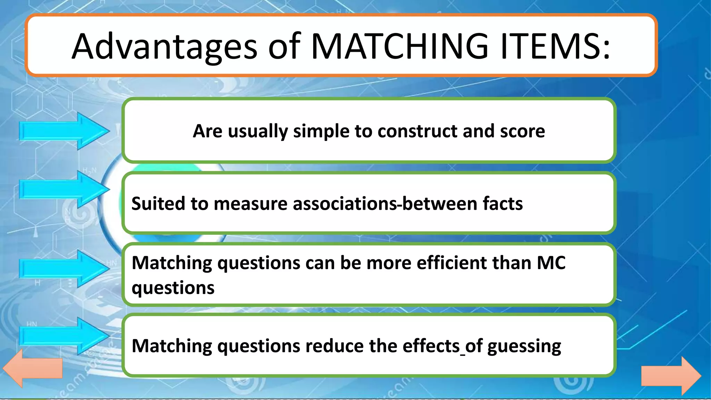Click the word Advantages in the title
point(164,46)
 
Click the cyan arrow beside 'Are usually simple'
point(65,131)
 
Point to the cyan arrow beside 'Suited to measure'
point(65,190)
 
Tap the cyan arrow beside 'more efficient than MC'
point(65,269)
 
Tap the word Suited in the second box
point(158,203)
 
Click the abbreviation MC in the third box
point(551,263)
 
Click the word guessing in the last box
point(524,347)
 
